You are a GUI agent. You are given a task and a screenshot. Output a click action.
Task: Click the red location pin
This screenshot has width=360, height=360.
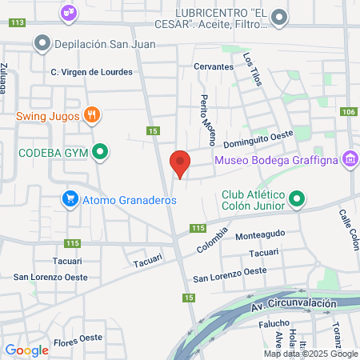[x=181, y=162]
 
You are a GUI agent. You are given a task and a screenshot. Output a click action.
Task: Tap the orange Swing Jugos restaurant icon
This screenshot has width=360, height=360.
[x=93, y=115]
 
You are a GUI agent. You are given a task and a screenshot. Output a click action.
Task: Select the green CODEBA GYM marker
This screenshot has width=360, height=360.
[x=100, y=150]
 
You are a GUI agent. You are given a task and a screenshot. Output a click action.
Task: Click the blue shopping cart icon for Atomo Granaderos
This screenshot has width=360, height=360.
[x=70, y=199]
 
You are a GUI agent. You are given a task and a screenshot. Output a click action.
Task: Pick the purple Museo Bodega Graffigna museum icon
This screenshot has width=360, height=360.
[x=349, y=160]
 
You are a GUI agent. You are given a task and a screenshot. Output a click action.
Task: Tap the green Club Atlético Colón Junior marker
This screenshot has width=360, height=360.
[x=297, y=198]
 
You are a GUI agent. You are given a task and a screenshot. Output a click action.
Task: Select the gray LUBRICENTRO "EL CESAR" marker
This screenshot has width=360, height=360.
[x=279, y=16]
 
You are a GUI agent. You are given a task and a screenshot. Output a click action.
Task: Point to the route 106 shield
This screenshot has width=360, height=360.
[x=348, y=112]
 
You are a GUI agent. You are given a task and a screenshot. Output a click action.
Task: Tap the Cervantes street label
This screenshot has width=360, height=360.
[x=212, y=67]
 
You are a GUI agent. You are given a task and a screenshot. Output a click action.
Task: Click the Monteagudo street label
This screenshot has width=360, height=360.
[x=260, y=237]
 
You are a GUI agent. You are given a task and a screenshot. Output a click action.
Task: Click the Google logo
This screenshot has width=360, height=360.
[x=26, y=350]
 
